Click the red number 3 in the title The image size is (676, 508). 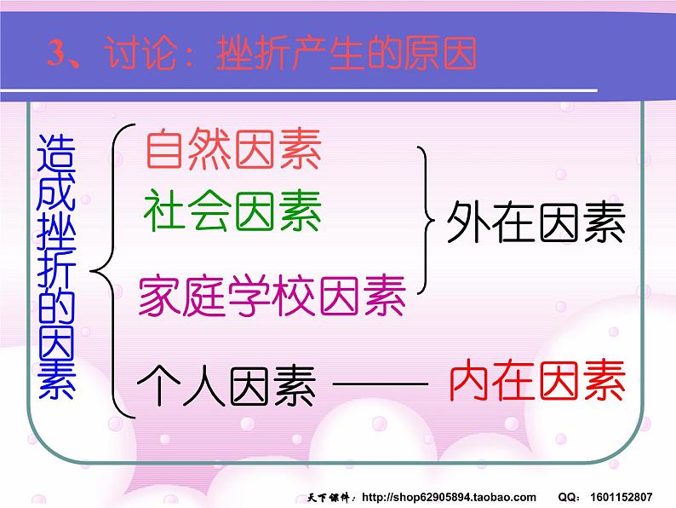point(55,55)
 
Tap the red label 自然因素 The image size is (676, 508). point(233,151)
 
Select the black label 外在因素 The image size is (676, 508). point(536,223)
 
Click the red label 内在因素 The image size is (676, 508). point(536,382)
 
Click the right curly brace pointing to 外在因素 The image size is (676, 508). point(425,224)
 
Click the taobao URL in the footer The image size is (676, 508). point(450,497)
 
